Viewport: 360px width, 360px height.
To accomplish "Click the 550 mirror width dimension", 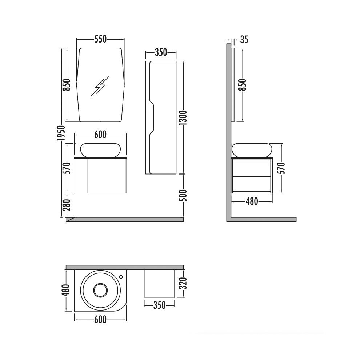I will point(100,39).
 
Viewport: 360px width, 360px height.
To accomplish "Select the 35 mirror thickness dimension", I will point(244,40).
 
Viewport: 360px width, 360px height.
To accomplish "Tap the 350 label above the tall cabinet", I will point(161,52).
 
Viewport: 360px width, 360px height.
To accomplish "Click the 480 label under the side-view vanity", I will point(252,201).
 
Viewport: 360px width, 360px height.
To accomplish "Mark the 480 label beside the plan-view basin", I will point(65,290).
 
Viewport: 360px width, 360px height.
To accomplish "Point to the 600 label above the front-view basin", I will point(100,135).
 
